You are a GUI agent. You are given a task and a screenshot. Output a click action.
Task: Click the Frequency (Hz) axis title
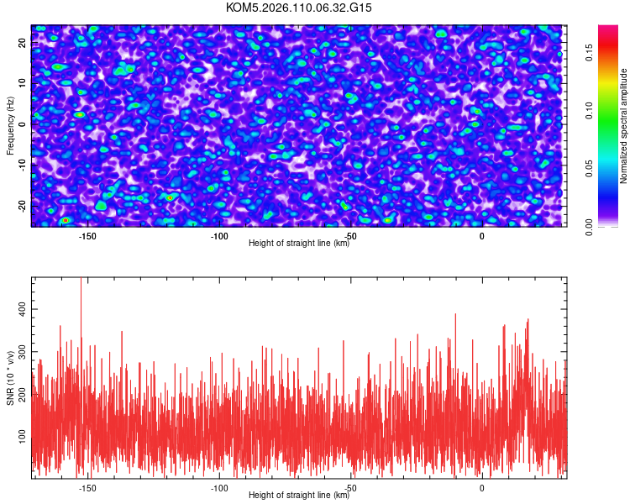point(10,125)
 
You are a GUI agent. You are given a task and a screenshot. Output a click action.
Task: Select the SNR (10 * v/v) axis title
point(10,376)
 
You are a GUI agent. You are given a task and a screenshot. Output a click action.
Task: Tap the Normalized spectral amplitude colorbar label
point(624,126)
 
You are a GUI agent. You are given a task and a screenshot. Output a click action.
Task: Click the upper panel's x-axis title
point(299,243)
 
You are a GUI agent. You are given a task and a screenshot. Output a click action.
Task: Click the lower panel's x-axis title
point(299,495)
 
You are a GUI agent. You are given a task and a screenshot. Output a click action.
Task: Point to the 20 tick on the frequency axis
point(22,43)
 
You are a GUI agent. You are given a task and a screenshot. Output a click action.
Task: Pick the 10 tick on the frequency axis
point(22,83)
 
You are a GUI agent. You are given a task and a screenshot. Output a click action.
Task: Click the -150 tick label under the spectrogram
point(87,236)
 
